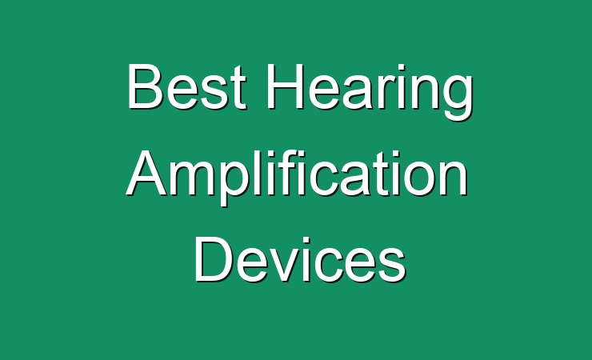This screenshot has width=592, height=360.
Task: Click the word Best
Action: pos(186,87)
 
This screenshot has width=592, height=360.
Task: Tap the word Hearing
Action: pos(370,91)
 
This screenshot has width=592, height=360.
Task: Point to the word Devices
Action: pos(300,259)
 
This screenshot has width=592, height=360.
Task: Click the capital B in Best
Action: pos(145,86)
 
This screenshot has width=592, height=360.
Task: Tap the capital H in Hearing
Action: pos(285,86)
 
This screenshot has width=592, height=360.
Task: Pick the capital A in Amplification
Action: pos(147,173)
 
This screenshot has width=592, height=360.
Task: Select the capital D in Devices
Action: pos(213,259)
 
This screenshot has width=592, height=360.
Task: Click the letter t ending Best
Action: pos(238,89)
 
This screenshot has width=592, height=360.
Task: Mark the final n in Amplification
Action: pos(454,178)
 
